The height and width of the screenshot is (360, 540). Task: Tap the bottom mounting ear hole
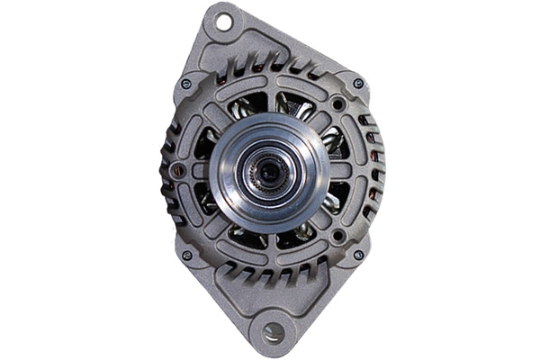[274, 333]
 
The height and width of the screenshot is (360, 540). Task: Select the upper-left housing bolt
[186, 84]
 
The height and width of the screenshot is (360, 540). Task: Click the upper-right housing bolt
[358, 84]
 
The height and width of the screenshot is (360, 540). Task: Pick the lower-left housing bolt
[186, 255]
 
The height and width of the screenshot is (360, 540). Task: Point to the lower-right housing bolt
[358, 255]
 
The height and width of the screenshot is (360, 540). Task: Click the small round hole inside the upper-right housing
[337, 104]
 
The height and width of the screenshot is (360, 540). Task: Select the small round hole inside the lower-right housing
[337, 235]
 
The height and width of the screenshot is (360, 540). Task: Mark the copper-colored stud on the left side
[178, 170]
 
